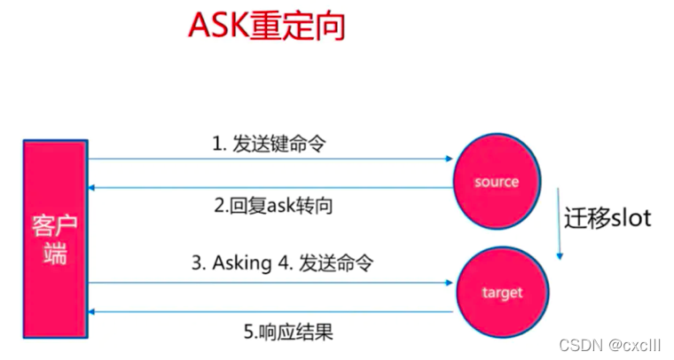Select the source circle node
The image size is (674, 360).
(x=496, y=181)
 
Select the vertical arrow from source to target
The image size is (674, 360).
(x=559, y=222)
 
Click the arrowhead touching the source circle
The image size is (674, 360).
(x=448, y=160)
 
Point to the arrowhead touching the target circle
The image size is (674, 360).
(x=448, y=283)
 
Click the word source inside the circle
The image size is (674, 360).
(x=496, y=182)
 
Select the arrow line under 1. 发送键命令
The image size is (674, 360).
(x=266, y=160)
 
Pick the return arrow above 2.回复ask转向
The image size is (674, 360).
(x=266, y=187)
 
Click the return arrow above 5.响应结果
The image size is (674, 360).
(x=266, y=311)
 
